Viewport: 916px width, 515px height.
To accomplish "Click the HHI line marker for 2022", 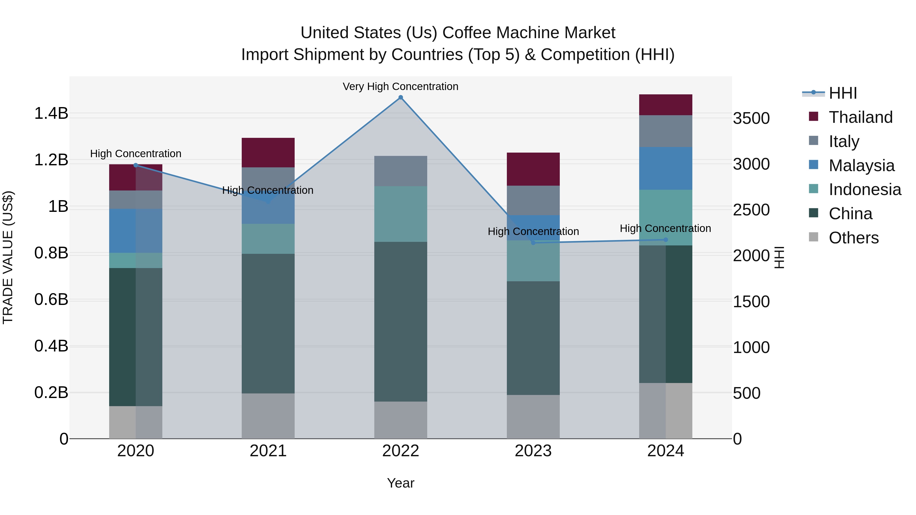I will tap(400, 97).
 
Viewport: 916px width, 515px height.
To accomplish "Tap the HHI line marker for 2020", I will tap(135, 165).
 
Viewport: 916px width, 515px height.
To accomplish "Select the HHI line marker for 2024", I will tap(666, 240).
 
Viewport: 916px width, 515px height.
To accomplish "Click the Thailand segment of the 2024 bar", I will tap(665, 105).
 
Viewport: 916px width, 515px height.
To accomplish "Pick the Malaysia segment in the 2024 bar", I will tap(665, 168).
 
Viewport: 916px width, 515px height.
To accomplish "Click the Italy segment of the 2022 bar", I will tap(400, 171).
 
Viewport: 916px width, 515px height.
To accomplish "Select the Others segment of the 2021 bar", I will tap(268, 416).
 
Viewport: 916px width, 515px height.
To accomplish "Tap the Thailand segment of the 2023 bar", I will tap(533, 169).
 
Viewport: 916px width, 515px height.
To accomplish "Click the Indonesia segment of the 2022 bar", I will tap(400, 214).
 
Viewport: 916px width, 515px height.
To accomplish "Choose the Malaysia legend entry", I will tap(861, 166).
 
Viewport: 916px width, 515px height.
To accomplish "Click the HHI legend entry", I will tap(842, 93).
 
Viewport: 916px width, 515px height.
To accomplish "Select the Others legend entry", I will tap(853, 238).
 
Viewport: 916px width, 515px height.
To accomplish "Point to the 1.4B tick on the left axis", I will tap(51, 113).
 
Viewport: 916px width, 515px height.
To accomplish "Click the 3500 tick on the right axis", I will tap(751, 118).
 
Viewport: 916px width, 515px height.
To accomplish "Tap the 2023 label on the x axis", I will tap(533, 451).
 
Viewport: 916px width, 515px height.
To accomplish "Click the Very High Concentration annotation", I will tap(400, 86).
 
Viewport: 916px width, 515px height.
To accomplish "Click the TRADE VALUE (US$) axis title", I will tap(8, 257).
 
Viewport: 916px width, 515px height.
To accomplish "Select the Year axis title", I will tap(400, 483).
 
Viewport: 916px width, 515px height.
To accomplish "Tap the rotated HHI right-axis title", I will tap(779, 257).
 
